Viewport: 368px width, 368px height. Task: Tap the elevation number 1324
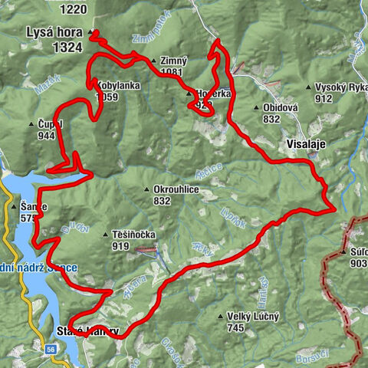coord(68,47)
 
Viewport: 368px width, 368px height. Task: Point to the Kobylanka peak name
coord(118,86)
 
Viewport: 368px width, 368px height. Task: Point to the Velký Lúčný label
coord(254,316)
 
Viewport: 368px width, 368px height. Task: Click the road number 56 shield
coord(51,348)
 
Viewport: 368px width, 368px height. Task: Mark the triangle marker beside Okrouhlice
coord(147,189)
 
